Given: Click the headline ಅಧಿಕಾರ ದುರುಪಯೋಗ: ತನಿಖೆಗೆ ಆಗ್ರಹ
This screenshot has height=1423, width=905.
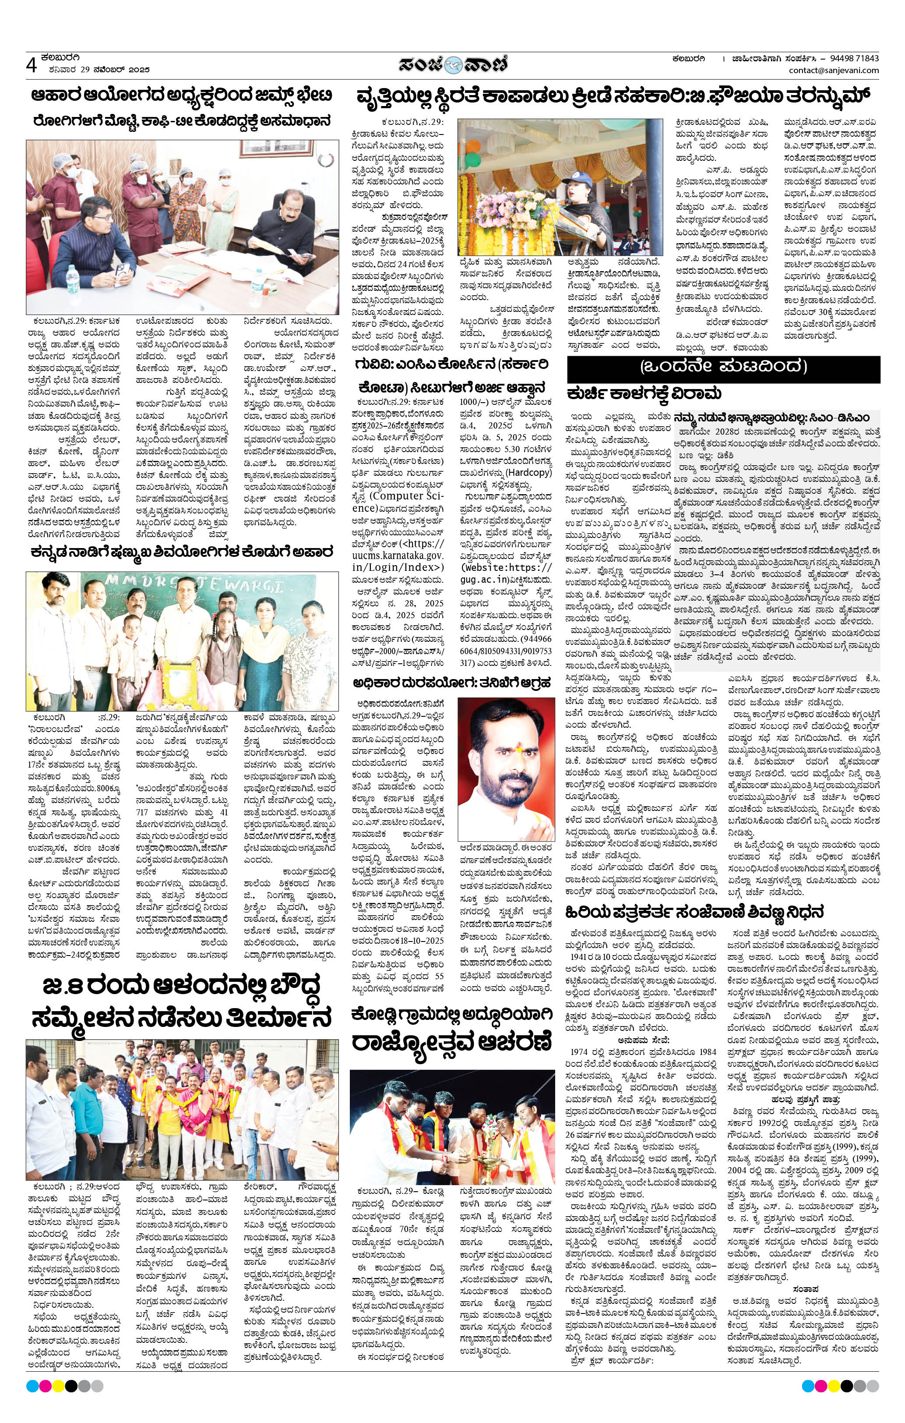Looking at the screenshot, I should click(x=452, y=684).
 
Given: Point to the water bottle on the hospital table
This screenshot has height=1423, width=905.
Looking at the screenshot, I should click(x=73, y=280).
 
